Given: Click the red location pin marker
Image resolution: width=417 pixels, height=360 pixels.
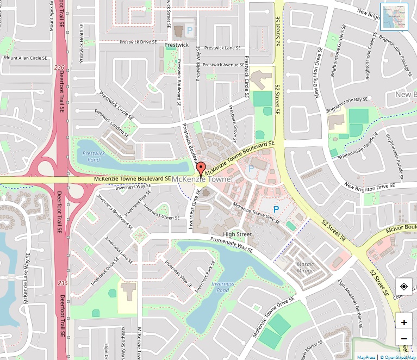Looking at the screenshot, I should (x=201, y=169).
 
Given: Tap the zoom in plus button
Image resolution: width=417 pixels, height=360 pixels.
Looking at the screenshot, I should (x=404, y=322).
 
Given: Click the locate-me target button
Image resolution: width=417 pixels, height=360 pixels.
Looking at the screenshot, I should (x=404, y=287).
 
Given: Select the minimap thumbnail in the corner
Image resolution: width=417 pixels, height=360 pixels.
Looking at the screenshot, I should (x=394, y=17).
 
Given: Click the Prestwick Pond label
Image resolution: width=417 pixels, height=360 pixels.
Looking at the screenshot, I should (x=94, y=157).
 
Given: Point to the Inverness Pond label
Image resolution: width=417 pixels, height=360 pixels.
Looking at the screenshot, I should (x=222, y=287).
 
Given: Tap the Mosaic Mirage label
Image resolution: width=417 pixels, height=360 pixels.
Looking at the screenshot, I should (x=306, y=267).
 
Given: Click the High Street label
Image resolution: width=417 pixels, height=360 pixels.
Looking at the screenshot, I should (x=238, y=234).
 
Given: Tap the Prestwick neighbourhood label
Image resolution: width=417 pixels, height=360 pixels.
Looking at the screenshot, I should (x=176, y=45).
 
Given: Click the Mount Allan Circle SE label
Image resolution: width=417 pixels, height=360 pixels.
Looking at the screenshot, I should (x=26, y=58).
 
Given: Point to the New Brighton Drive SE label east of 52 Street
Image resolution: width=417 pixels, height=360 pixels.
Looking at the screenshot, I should (x=370, y=187).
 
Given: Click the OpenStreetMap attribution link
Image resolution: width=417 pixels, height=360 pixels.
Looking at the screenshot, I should (x=398, y=357).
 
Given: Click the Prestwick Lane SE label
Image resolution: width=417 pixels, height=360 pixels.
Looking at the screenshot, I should (x=222, y=48).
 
